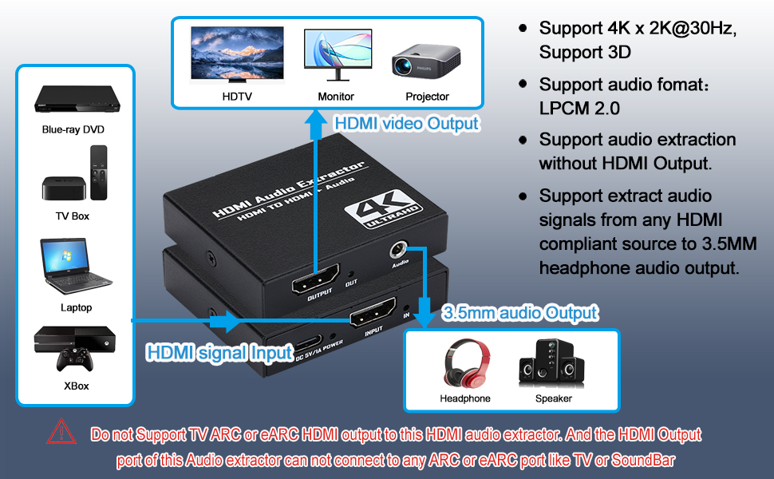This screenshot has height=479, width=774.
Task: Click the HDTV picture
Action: (x=237, y=54)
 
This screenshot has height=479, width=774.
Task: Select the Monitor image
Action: (x=338, y=55)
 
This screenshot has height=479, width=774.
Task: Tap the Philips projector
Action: (x=426, y=61)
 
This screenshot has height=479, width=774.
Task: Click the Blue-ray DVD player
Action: (x=77, y=99)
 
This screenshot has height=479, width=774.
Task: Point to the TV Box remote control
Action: (x=99, y=172)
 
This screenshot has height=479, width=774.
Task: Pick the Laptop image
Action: (x=76, y=267)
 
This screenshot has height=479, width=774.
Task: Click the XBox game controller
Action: (x=75, y=359)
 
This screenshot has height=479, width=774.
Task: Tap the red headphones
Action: (x=467, y=363)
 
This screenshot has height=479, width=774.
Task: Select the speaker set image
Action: (x=551, y=363)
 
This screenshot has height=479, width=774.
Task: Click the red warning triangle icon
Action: (x=61, y=432)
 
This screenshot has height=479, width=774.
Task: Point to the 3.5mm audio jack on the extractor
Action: (x=398, y=250)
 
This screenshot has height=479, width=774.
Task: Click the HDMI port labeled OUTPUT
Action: (x=316, y=279)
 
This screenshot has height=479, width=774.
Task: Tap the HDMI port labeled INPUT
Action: (x=373, y=313)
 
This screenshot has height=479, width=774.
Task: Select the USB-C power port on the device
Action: (x=308, y=344)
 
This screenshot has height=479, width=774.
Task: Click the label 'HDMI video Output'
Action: (x=406, y=124)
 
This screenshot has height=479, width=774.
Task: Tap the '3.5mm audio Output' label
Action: (x=519, y=313)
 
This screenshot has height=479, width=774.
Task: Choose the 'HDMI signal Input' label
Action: (x=220, y=353)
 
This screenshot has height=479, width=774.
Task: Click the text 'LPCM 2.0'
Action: (x=579, y=108)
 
